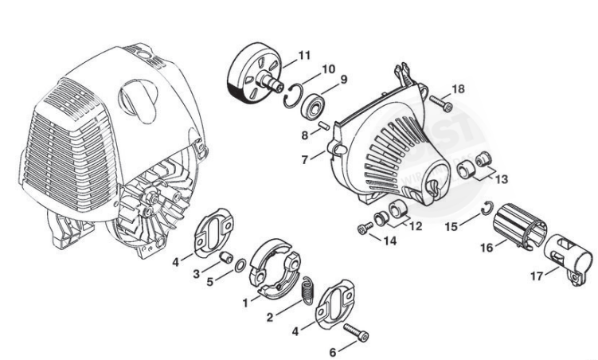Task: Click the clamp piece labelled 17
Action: (x=572, y=252)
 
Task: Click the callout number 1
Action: (x=246, y=303)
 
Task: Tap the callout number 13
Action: (x=501, y=180)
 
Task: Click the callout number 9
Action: (x=344, y=79)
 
